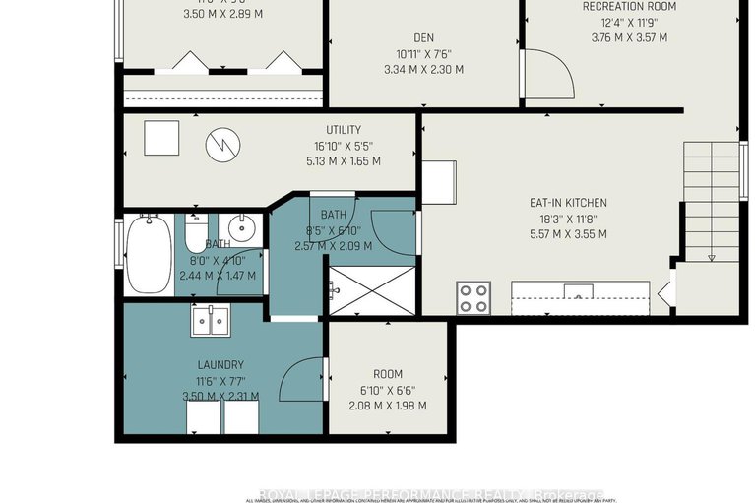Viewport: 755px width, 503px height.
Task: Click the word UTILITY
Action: pyautogui.click(x=344, y=130)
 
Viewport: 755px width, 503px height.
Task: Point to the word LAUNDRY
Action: pyautogui.click(x=220, y=364)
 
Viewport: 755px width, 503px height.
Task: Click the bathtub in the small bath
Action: pyautogui.click(x=148, y=254)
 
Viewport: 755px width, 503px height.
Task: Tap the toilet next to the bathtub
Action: pyautogui.click(x=194, y=233)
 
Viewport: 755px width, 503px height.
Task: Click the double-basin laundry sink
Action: pyautogui.click(x=211, y=321)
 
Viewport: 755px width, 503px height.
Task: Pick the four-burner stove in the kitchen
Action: pyautogui.click(x=473, y=297)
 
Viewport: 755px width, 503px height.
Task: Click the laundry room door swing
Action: pyautogui.click(x=303, y=379)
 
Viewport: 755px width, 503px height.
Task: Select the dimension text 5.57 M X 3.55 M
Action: pyautogui.click(x=567, y=234)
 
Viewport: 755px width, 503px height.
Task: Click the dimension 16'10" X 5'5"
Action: pyautogui.click(x=344, y=146)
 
